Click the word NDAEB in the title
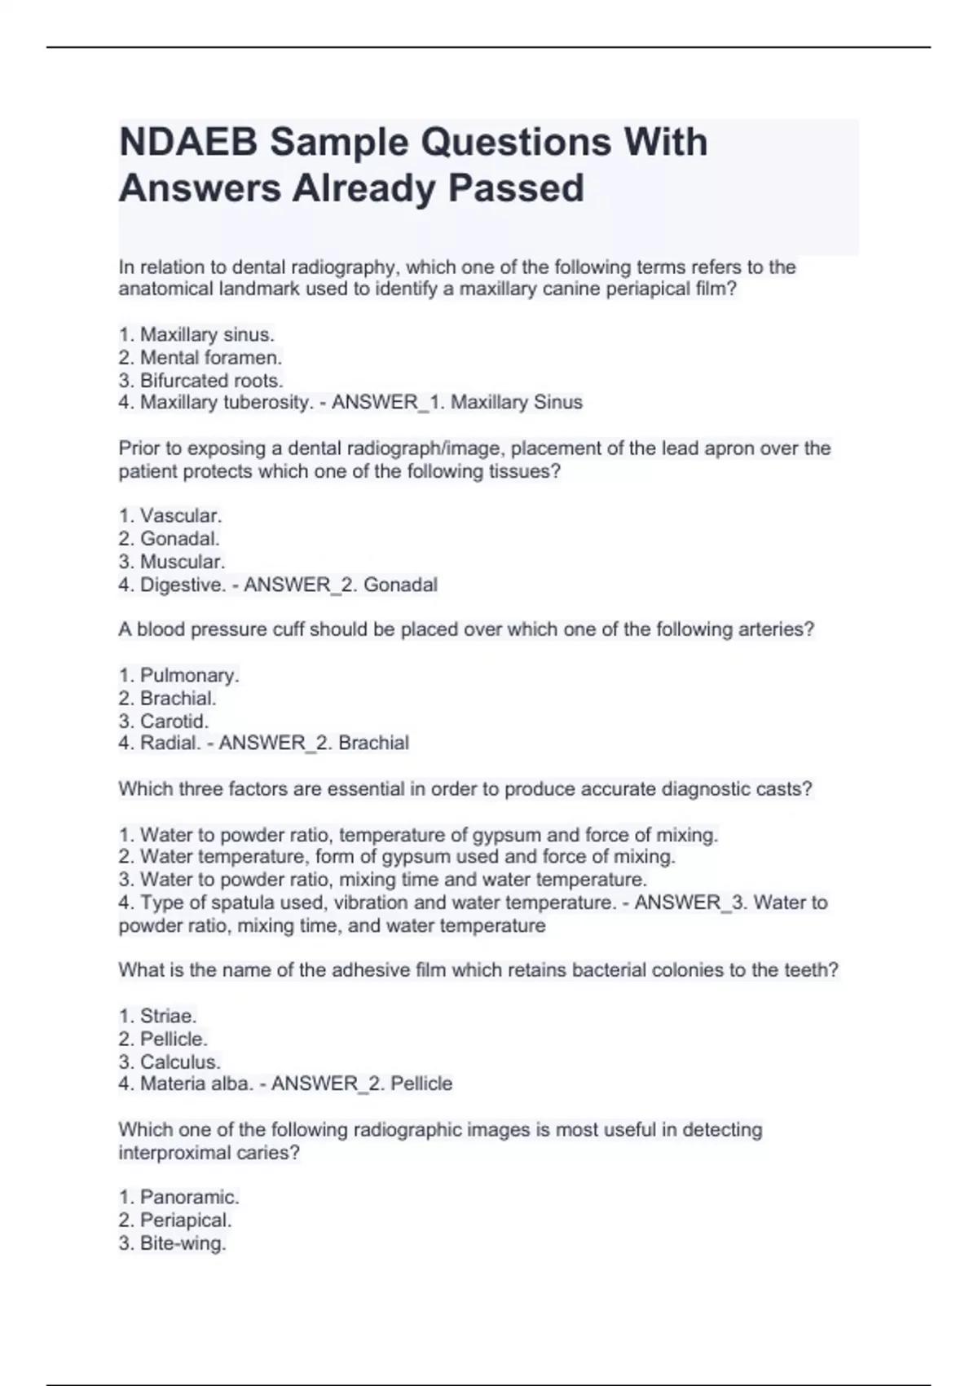pos(189,143)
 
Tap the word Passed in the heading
pos(515,188)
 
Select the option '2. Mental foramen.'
pos(200,357)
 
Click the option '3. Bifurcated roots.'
pos(200,380)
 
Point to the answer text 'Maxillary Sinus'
pos(517,402)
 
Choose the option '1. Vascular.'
pos(170,515)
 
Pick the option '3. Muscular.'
pos(172,562)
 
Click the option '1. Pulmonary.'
pos(179,675)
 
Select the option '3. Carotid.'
pos(164,721)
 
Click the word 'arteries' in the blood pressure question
pos(782,629)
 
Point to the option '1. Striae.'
pos(158,1016)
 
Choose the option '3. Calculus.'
pos(170,1062)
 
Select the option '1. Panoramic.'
pos(179,1197)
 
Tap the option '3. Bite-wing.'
pos(172,1243)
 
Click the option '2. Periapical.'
pos(175,1220)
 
